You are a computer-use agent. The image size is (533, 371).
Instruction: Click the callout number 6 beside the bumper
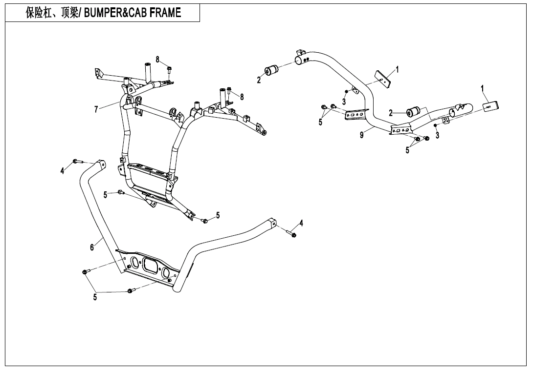pyautogui.click(x=92, y=247)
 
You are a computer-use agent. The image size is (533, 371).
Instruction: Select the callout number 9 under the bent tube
pyautogui.click(x=362, y=135)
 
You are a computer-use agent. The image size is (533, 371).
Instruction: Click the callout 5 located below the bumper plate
pyautogui.click(x=96, y=297)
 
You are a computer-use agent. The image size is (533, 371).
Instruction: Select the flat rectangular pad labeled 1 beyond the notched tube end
pyautogui.click(x=490, y=106)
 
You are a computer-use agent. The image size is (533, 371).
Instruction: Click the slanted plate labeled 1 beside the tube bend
pyautogui.click(x=384, y=78)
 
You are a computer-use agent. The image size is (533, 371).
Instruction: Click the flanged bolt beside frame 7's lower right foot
pyautogui.click(x=205, y=221)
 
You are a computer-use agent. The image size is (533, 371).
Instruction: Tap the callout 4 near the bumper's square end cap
pyautogui.click(x=301, y=223)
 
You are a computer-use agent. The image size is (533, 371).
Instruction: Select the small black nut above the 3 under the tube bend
pyautogui.click(x=346, y=91)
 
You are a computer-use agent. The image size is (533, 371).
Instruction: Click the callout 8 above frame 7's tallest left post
pyautogui.click(x=157, y=59)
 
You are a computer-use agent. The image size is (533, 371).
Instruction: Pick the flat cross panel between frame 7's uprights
pyautogui.click(x=150, y=172)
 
